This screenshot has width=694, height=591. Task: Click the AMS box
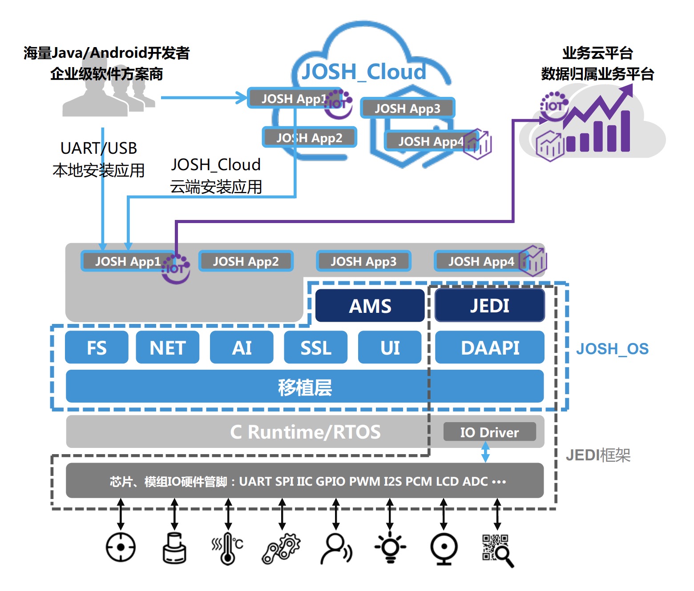click(370, 306)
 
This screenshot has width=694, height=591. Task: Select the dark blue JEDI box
click(489, 306)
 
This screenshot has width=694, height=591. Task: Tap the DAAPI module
click(489, 347)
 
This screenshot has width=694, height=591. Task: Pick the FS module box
click(97, 347)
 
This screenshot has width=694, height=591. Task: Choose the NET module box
click(168, 347)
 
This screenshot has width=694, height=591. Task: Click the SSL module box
click(315, 347)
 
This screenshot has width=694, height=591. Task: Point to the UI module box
click(390, 347)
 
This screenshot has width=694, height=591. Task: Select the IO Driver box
click(489, 432)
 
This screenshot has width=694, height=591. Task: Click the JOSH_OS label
click(613, 349)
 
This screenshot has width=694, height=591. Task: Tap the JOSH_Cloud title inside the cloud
click(364, 72)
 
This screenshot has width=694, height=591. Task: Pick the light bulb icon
click(390, 547)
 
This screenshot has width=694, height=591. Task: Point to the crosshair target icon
click(121, 547)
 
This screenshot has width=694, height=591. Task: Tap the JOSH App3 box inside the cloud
click(408, 108)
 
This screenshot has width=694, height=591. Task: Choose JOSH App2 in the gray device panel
click(246, 261)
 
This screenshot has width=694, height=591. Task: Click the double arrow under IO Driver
click(485, 452)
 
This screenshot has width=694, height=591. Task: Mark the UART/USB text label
click(99, 148)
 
